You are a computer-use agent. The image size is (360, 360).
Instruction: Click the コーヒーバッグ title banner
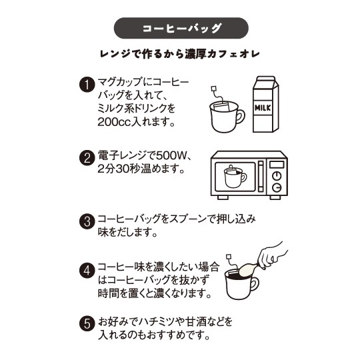point(181,28)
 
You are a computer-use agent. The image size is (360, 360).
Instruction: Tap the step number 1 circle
point(87,85)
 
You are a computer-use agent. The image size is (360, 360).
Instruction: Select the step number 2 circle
point(87,158)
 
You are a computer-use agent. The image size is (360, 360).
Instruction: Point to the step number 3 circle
point(87,221)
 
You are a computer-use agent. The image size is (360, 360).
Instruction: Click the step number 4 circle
point(87,271)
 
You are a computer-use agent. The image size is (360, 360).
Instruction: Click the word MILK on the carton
point(263,108)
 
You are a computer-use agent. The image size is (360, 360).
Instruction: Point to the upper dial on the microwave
point(277,176)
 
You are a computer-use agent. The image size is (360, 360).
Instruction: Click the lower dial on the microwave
point(277,187)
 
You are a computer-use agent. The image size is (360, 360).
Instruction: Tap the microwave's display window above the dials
point(277,165)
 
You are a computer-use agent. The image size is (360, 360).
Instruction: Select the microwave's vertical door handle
point(261,176)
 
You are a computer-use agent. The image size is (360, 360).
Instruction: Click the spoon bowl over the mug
point(247,269)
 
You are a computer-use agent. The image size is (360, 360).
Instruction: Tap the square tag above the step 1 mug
point(214,89)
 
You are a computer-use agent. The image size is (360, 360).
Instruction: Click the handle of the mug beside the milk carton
point(240,117)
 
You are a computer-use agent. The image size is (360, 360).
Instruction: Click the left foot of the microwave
point(223,197)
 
